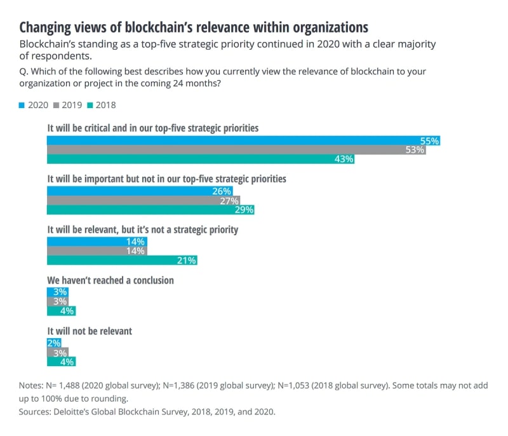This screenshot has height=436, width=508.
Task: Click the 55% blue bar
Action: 243,140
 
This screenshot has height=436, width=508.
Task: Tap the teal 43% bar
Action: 201,160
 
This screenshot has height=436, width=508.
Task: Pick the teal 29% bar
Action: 151,210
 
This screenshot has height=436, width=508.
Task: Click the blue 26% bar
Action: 140,191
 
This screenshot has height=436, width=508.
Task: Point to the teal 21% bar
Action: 122,260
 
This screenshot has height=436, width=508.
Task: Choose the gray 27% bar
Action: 144,200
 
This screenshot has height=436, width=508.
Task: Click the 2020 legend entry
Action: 34,105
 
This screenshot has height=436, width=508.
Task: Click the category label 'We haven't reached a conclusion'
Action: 110,280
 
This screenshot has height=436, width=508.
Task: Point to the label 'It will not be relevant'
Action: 90,331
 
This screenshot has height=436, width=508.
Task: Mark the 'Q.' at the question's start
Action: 25,71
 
